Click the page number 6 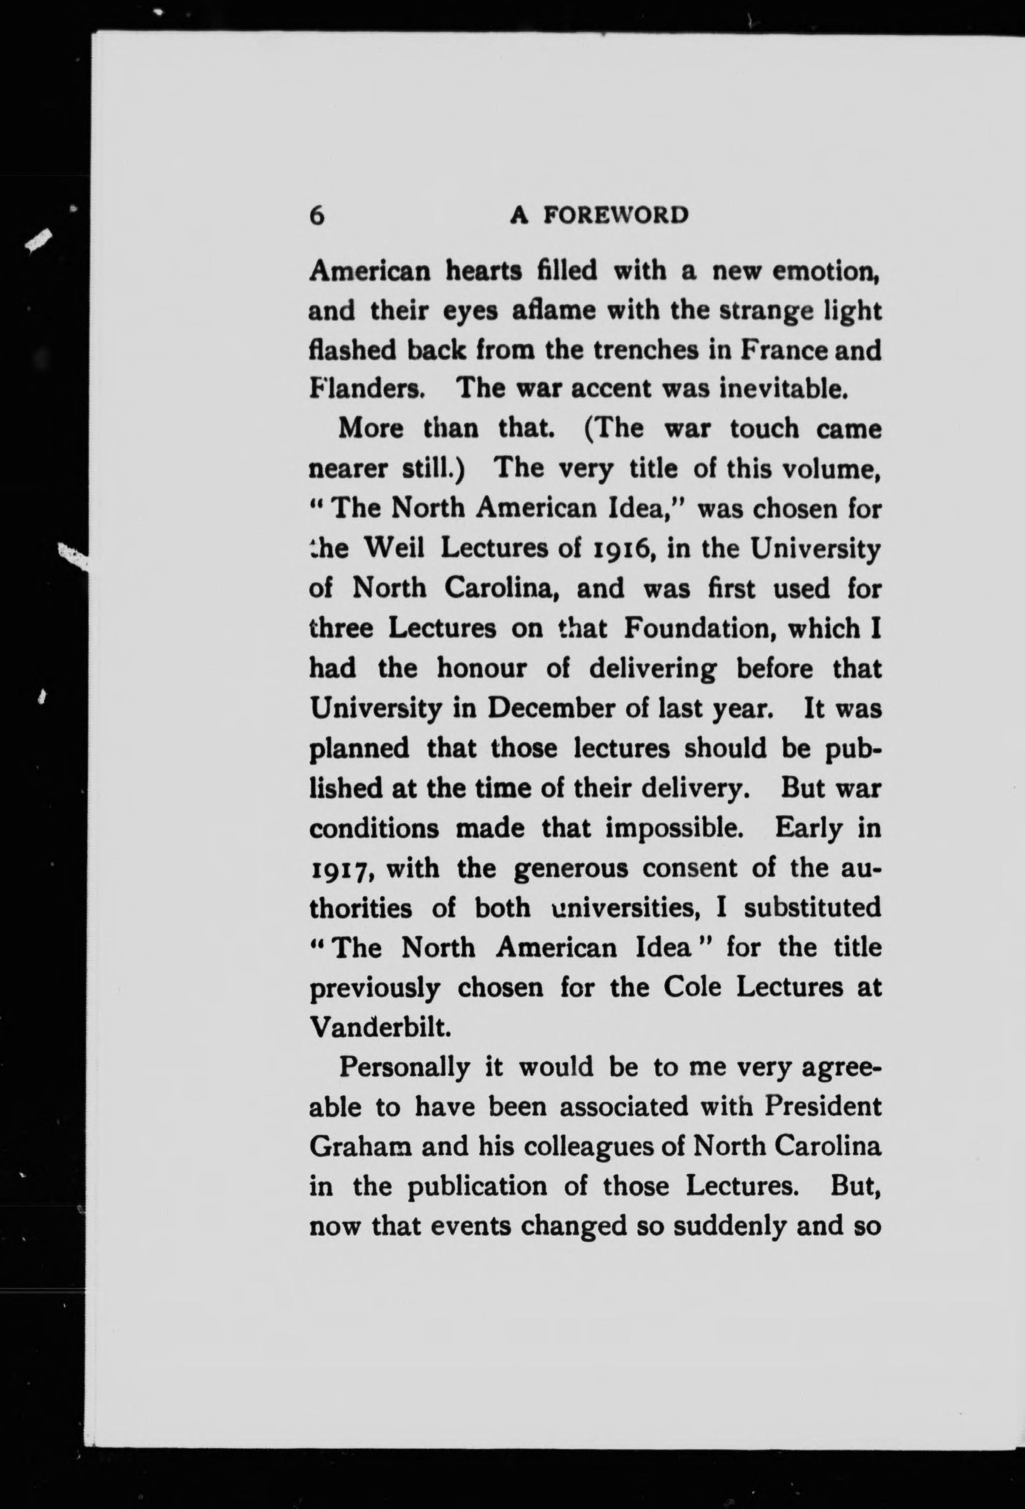tap(317, 215)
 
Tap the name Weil tap(394, 549)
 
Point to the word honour tap(481, 668)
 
